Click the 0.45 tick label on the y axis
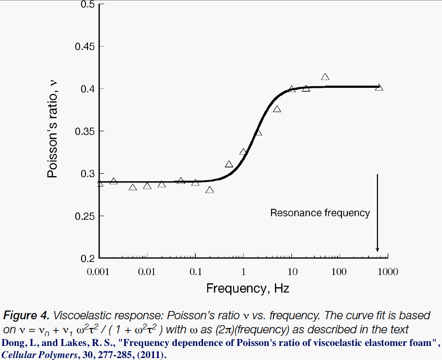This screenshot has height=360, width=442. (84, 47)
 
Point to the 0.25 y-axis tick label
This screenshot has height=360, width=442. (84, 216)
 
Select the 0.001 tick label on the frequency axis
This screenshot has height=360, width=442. (100, 272)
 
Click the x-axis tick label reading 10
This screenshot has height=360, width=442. (291, 272)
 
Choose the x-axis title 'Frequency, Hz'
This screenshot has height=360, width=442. (248, 289)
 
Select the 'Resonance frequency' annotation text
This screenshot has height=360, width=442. (320, 213)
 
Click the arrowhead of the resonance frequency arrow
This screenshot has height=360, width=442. (377, 249)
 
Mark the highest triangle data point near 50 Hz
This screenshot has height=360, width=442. (325, 77)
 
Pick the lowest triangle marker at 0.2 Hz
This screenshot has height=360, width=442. (210, 190)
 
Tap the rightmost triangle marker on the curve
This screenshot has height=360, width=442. (379, 87)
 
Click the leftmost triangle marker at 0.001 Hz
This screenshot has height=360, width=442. (100, 183)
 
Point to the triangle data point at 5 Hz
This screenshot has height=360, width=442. (277, 109)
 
